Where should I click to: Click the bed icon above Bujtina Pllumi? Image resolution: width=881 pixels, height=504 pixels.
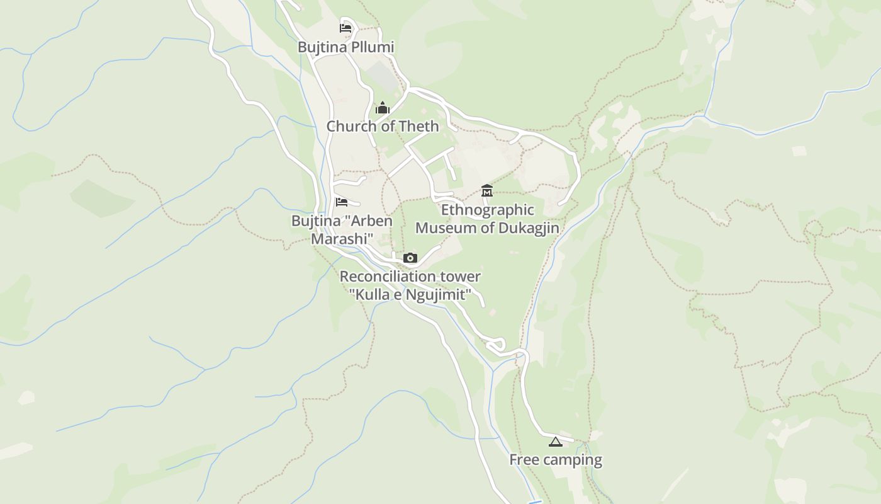coord(345,28)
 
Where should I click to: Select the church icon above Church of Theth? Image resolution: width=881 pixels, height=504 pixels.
coord(383,108)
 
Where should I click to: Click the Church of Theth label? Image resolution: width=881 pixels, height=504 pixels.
coord(383,126)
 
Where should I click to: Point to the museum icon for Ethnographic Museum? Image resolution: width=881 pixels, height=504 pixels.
coord(487,190)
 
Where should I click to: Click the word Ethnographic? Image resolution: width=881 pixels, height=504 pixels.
coord(488,210)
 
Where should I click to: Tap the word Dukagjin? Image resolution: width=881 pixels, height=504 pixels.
coord(529,227)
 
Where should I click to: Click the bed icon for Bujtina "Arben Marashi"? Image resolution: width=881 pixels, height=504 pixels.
coord(342,202)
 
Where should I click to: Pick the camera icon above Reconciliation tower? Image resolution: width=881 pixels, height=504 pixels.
coord(410,258)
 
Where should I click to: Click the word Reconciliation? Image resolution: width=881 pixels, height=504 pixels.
coord(387,277)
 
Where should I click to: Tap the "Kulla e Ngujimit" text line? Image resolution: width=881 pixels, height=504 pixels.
coord(410,294)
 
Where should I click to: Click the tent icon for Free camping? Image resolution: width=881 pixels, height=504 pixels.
coord(554,442)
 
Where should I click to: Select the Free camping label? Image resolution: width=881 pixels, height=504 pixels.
coord(556,460)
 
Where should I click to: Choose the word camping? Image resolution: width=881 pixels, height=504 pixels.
coord(573,461)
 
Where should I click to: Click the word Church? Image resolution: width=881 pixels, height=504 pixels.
coord(352,126)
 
